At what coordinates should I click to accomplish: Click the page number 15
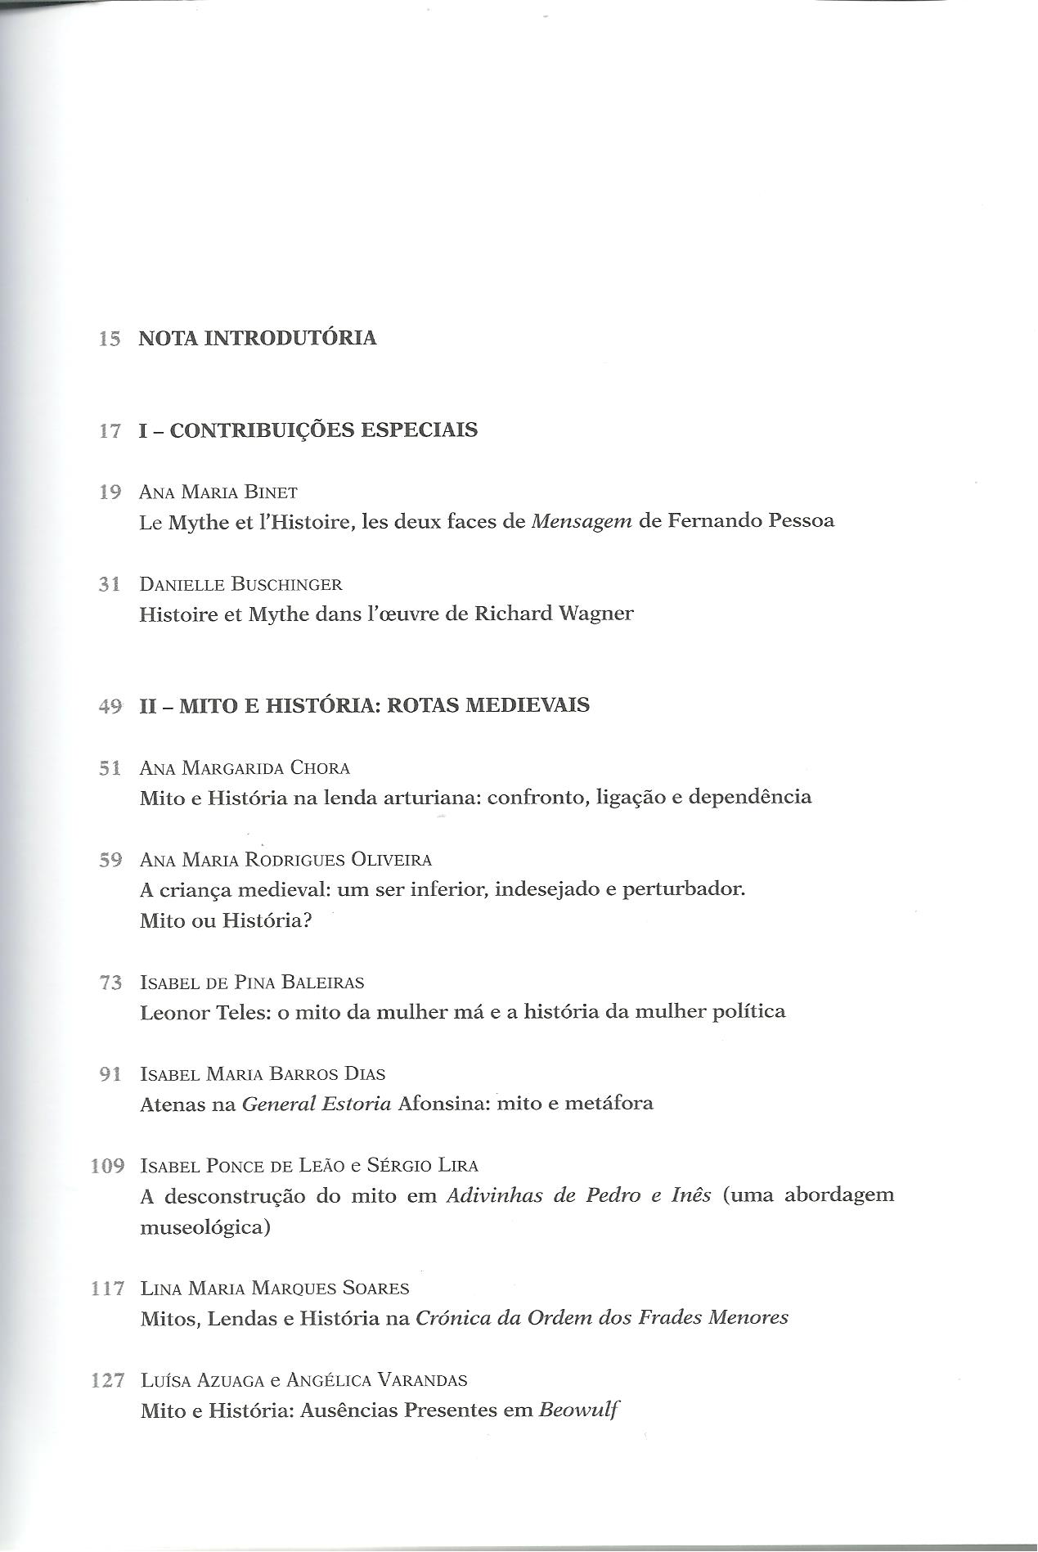pos(110,339)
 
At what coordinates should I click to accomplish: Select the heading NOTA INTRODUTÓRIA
pos(258,338)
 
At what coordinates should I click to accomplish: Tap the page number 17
pos(110,431)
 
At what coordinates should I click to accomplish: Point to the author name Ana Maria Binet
pos(218,493)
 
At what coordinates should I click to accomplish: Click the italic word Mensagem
pos(582,522)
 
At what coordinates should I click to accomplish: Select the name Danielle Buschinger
pos(240,585)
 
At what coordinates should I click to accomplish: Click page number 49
pos(110,706)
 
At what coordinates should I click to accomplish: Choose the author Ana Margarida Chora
pos(245,768)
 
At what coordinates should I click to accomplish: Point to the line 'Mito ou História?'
pos(227,920)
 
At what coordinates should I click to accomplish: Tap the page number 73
pos(110,983)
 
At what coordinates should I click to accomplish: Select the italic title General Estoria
pos(317,1104)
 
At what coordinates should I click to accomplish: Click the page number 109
pos(107,1166)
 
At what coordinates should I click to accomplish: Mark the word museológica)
pos(204,1228)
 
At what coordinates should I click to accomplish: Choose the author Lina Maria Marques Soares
pos(274,1289)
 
